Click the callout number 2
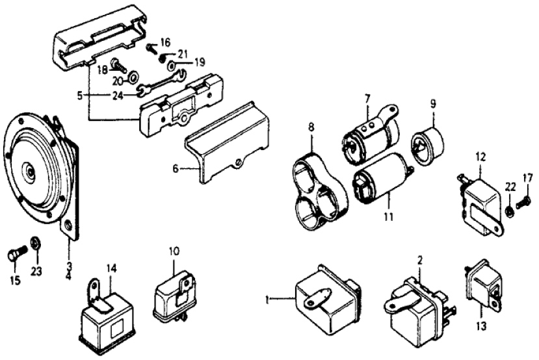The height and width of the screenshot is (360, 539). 420,259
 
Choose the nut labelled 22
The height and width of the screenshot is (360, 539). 510,209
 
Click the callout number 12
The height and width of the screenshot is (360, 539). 480,157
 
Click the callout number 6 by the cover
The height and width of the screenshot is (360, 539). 175,168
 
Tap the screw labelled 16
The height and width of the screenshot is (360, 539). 151,46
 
